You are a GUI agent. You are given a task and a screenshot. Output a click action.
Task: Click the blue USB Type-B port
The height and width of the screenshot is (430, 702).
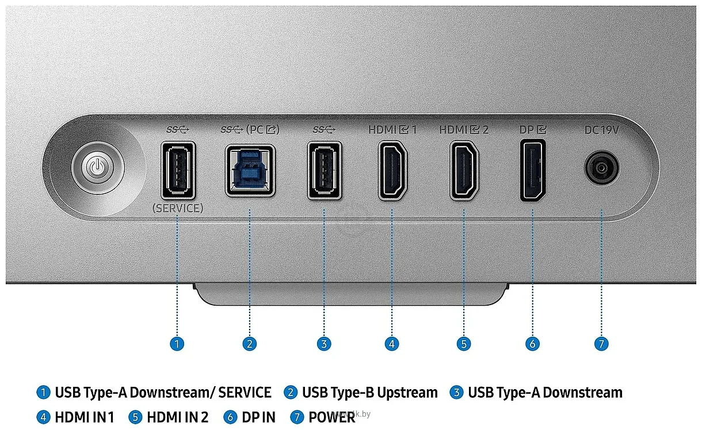point(250,170)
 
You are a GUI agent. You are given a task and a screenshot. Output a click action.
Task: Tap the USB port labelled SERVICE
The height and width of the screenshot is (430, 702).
point(178,170)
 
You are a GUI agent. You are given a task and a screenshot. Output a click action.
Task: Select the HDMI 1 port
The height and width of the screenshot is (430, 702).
point(392,170)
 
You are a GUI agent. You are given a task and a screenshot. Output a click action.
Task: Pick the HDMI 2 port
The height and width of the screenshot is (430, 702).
point(464,170)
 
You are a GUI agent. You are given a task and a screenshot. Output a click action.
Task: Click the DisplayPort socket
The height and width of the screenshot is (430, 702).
point(533,170)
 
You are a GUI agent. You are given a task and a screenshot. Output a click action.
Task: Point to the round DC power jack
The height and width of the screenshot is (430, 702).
point(601,168)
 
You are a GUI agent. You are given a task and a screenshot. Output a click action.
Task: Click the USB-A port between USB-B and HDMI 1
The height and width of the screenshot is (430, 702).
point(325,170)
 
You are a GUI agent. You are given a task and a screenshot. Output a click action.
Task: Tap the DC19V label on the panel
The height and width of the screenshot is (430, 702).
point(601,130)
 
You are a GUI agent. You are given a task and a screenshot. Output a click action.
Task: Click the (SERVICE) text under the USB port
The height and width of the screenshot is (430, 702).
point(178,208)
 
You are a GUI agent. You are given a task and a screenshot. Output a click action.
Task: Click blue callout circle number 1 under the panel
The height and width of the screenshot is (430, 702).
point(177,344)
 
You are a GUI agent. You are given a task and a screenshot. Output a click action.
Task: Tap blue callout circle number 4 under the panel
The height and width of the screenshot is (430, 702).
point(392,344)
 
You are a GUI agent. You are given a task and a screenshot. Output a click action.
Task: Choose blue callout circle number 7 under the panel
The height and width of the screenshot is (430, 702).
point(601,344)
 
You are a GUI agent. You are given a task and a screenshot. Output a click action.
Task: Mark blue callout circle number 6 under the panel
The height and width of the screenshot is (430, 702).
point(532,344)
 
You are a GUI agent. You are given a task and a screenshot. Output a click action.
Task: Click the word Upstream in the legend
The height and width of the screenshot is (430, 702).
point(407,393)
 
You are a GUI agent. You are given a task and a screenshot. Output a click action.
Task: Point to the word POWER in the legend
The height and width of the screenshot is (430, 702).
point(332,417)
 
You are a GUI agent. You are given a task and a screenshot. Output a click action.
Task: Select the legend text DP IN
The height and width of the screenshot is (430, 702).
point(258,417)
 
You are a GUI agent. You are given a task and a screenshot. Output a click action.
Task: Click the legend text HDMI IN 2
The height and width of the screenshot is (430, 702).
point(178,417)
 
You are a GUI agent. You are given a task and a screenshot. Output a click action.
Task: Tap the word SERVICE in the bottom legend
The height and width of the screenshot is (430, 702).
point(245,393)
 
